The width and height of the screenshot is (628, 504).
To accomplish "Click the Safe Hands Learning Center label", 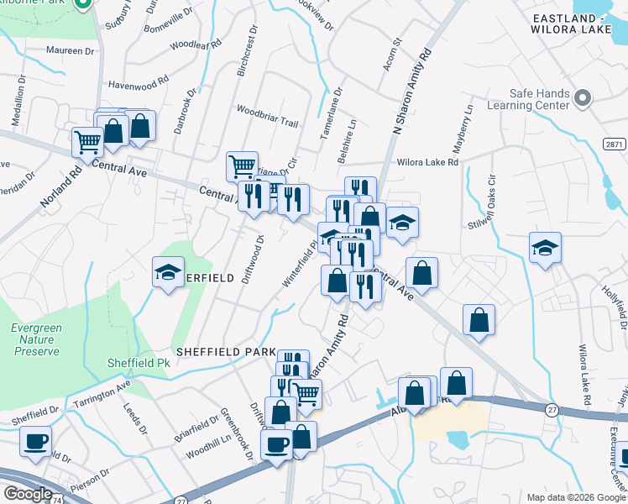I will (539, 100).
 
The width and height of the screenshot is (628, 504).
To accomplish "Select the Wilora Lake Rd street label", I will (428, 161).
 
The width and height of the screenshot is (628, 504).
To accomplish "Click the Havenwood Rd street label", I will (139, 85).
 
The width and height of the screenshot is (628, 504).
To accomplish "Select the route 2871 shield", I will (615, 144).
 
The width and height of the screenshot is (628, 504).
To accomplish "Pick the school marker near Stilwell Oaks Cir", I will (545, 248).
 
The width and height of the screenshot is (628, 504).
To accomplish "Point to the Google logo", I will (28, 494).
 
